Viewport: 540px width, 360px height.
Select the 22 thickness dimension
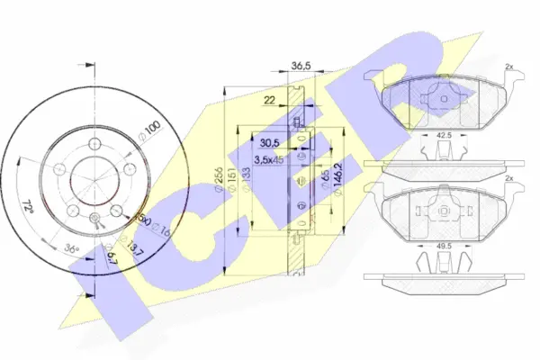click(269, 101)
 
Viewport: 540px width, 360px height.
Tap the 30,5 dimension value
click(267, 142)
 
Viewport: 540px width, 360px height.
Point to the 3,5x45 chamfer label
click(269, 159)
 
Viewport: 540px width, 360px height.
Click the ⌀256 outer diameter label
click(219, 181)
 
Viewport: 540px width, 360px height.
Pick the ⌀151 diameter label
click(231, 181)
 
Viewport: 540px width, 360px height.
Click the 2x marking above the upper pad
click(508, 68)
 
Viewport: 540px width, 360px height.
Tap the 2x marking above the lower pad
click(508, 179)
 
